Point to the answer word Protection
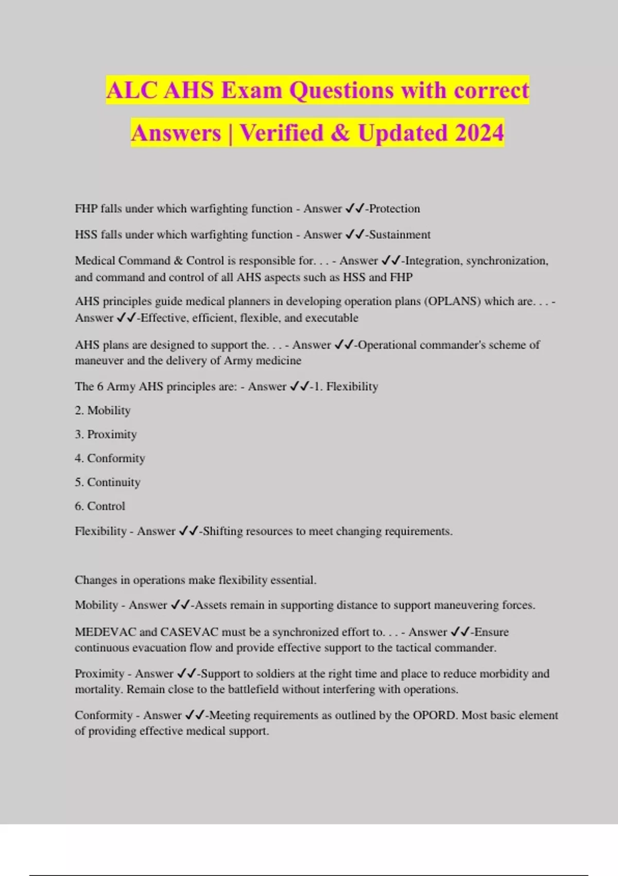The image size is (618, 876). (394, 209)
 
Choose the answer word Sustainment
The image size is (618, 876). (400, 234)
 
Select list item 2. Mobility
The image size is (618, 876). (102, 410)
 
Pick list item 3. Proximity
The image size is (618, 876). (106, 434)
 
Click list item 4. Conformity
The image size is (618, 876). (110, 458)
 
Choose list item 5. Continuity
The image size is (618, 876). (107, 482)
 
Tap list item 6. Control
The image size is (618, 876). (100, 506)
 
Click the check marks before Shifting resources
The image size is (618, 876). (188, 531)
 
